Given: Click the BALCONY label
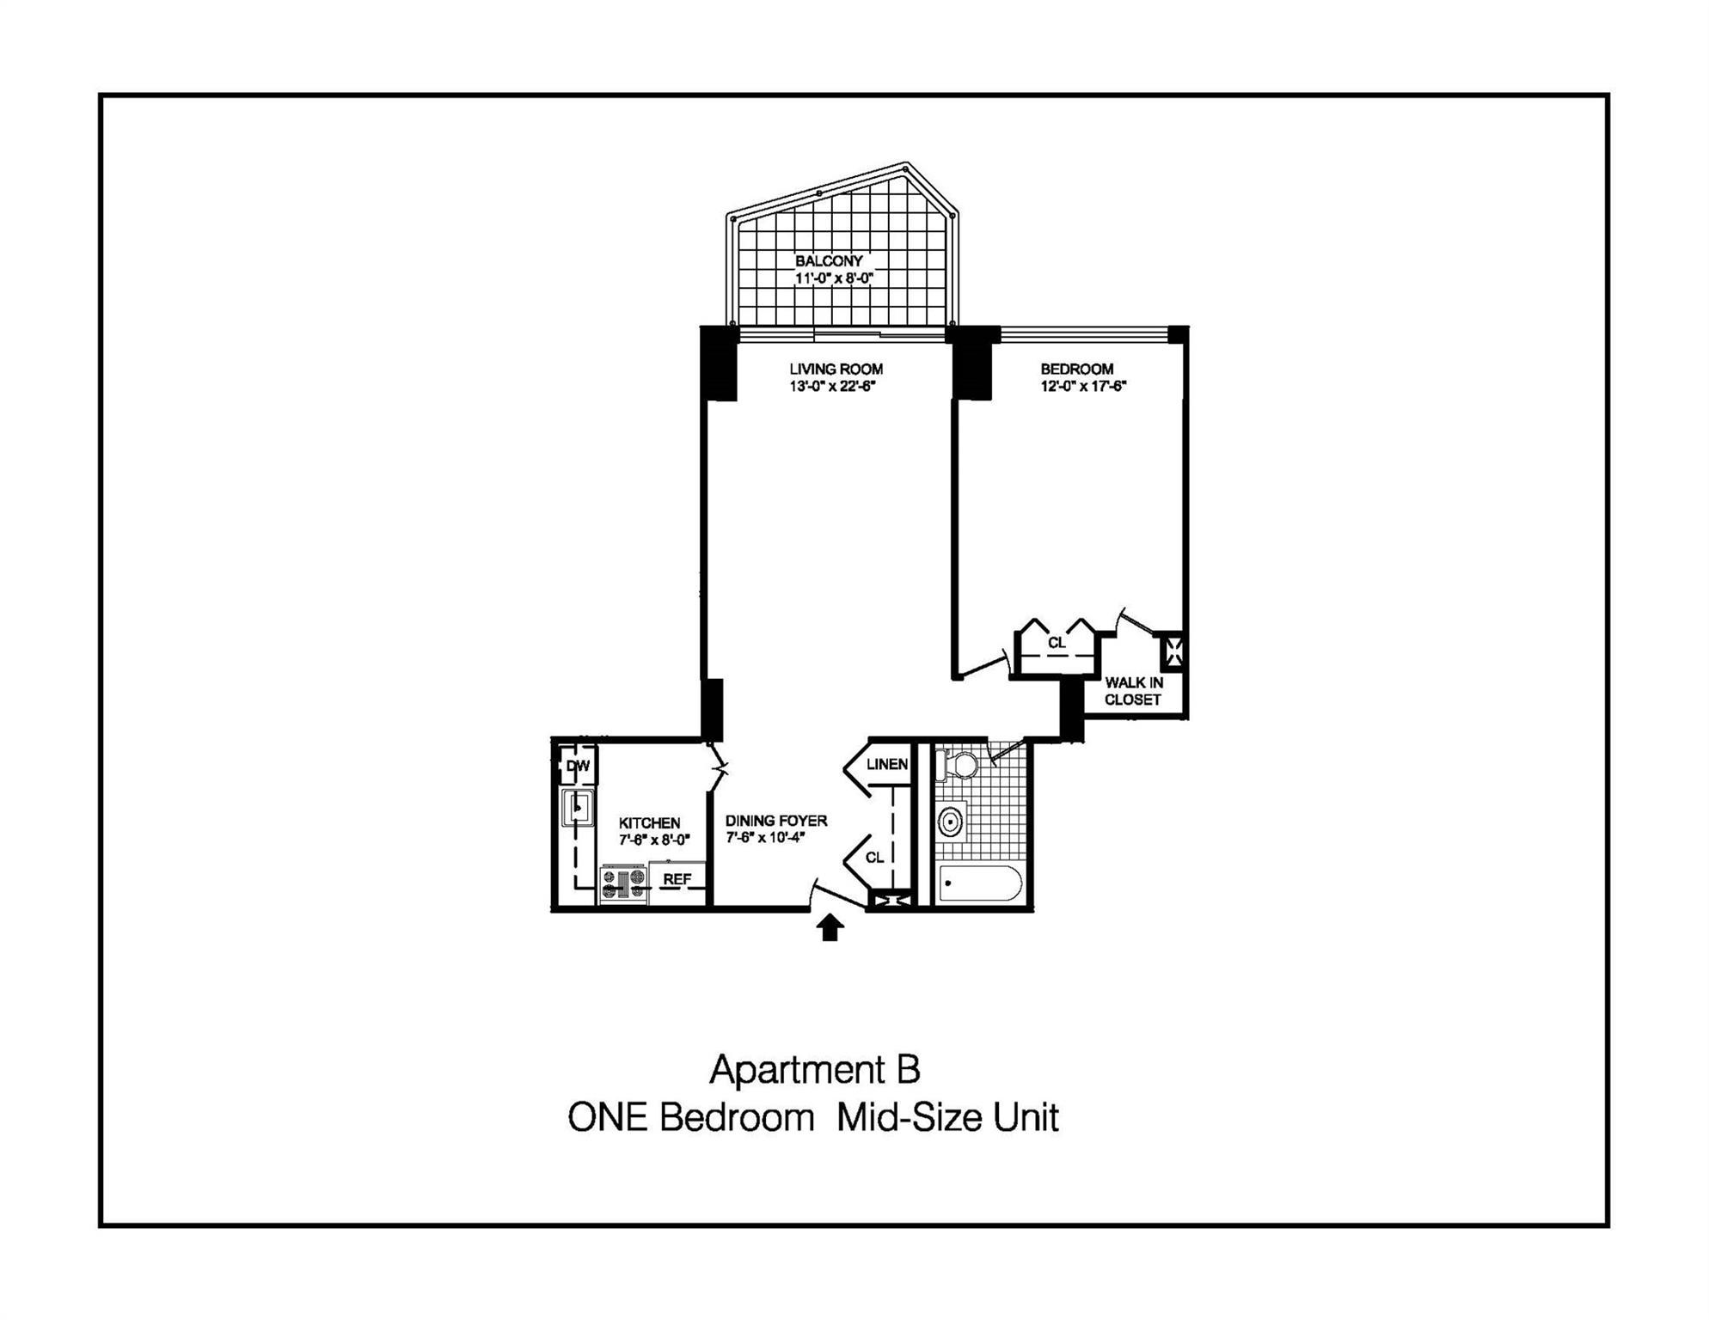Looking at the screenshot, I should (829, 261).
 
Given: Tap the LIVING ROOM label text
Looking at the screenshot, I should (836, 370).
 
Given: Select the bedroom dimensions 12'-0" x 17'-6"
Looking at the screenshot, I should (1083, 387).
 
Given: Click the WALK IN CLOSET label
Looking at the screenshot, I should (1133, 691).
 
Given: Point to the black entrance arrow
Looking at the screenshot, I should (830, 927).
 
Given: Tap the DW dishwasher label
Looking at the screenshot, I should (578, 766).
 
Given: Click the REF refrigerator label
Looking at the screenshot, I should (677, 879).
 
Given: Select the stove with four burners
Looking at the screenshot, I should (623, 884).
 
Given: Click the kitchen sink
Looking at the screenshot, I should (578, 808).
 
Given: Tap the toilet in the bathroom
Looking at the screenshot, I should (959, 765).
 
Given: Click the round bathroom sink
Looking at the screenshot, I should (950, 821).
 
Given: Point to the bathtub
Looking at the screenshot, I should (980, 883).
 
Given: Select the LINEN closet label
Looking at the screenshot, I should (886, 764).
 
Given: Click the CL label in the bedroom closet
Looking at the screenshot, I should (1057, 643).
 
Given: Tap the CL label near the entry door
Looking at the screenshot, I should (874, 858).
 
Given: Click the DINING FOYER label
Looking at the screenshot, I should (775, 821).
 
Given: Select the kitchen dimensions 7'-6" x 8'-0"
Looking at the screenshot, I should (654, 840).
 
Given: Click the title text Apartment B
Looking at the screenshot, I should (814, 1070).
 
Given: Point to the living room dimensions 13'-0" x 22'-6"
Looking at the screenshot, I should (832, 387).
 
